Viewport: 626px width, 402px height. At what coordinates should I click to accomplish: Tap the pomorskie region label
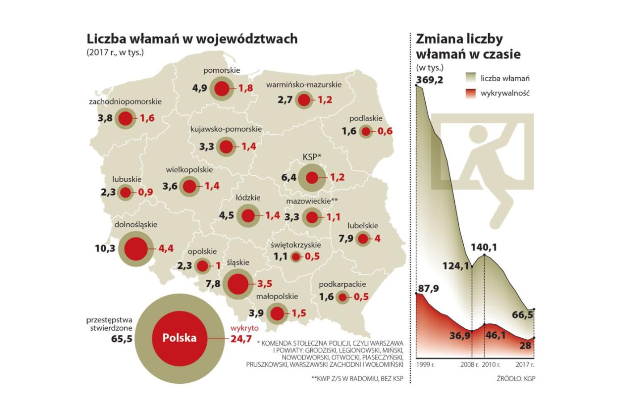click(x=221, y=70)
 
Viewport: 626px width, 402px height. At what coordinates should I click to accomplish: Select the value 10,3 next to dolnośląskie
click(x=105, y=248)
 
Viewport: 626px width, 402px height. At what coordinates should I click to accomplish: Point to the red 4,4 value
click(x=166, y=248)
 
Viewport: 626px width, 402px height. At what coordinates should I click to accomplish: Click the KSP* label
click(x=312, y=157)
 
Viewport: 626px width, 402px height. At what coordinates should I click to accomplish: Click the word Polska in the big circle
click(x=179, y=338)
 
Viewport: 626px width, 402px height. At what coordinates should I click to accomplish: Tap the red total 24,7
click(x=241, y=339)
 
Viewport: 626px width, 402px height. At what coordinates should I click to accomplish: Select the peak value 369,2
click(x=430, y=80)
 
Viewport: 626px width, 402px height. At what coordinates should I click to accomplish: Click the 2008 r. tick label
click(x=469, y=364)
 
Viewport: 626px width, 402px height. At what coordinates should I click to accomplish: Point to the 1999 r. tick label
click(x=425, y=364)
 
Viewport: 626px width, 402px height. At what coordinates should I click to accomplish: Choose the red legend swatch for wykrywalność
click(x=471, y=93)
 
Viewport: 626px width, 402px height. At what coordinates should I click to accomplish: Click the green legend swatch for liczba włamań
click(x=471, y=78)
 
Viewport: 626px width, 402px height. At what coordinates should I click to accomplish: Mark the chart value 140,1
click(x=484, y=247)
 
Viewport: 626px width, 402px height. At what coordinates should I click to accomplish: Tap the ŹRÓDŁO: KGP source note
click(x=516, y=378)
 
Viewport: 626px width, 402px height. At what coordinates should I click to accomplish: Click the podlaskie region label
click(x=366, y=118)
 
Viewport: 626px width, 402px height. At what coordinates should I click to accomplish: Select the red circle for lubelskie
click(x=363, y=239)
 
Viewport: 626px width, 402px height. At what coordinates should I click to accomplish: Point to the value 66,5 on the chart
click(x=523, y=315)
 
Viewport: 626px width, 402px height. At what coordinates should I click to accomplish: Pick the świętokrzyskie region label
click(x=296, y=245)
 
